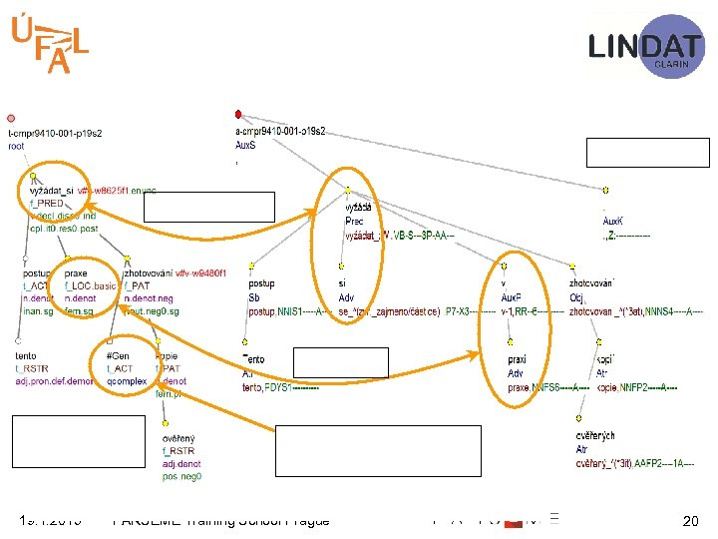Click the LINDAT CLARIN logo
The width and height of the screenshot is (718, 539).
point(645,46)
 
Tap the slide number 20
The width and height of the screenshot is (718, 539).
point(689,520)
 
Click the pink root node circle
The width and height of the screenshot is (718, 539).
point(10,117)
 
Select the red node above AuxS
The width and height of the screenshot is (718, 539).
point(237,114)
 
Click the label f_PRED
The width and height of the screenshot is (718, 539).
point(47,203)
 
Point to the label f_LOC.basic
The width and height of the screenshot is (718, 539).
point(90,285)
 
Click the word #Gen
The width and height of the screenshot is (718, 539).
point(117,356)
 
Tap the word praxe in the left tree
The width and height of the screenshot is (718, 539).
point(76,273)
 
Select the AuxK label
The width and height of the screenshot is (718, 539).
point(614,221)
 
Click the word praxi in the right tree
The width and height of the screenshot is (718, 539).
point(518,359)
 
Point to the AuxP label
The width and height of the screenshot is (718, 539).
point(512,296)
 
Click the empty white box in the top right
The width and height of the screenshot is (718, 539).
point(648,153)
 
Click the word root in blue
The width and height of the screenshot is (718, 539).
point(16,147)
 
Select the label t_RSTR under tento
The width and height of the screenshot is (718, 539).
point(31,368)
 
